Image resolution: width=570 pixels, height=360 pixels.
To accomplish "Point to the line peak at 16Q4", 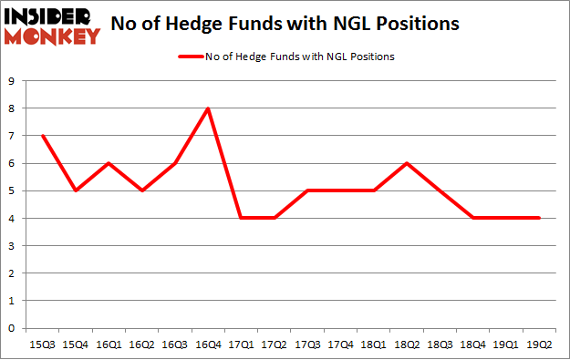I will pyautogui.click(x=209, y=108).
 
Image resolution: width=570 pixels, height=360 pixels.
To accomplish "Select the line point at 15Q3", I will pyautogui.click(x=43, y=136).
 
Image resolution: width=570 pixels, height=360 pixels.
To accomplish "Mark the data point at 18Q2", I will pyautogui.click(x=408, y=163).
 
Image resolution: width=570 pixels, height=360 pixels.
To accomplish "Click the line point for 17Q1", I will pyautogui.click(x=242, y=218).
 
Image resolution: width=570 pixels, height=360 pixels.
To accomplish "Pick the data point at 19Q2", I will pyautogui.click(x=540, y=218).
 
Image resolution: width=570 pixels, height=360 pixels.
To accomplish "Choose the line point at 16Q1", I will pyautogui.click(x=109, y=163).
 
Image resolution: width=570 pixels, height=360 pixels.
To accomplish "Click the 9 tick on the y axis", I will pyautogui.click(x=13, y=81).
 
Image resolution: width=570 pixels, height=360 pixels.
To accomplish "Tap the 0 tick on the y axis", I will pyautogui.click(x=13, y=328).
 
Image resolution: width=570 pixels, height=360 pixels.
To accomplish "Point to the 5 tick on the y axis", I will pyautogui.click(x=13, y=190).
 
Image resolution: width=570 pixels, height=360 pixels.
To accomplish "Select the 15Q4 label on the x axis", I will pyautogui.click(x=76, y=345).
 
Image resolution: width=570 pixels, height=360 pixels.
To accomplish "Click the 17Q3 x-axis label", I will pyautogui.click(x=308, y=345).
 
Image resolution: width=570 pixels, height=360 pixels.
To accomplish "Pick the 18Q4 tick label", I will pyautogui.click(x=473, y=345).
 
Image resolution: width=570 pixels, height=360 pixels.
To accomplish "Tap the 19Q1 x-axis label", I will pyautogui.click(x=507, y=345).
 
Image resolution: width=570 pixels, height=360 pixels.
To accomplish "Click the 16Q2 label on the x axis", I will pyautogui.click(x=142, y=345).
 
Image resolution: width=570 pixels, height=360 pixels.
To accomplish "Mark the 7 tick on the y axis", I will pyautogui.click(x=13, y=136).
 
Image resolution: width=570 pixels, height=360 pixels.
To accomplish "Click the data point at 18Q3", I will pyautogui.click(x=440, y=190).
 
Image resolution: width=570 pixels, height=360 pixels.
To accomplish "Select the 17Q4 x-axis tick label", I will pyautogui.click(x=341, y=345).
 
